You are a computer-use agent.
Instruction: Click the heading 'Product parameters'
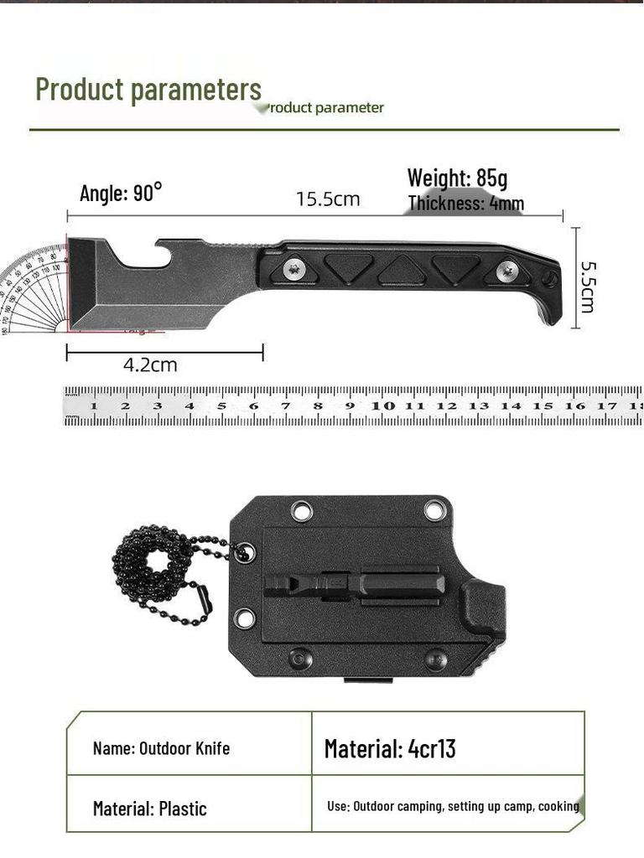pyautogui.click(x=148, y=89)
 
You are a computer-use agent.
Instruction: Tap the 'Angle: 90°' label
pyautogui.click(x=120, y=194)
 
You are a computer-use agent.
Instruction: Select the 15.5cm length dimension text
pyautogui.click(x=328, y=199)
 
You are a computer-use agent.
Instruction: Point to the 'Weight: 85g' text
pyautogui.click(x=457, y=178)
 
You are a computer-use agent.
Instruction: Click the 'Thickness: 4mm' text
pyautogui.click(x=466, y=204)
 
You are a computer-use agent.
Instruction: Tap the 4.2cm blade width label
pyautogui.click(x=150, y=365)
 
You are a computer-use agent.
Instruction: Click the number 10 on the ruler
pyautogui.click(x=383, y=406)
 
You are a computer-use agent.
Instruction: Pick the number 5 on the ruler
pyautogui.click(x=221, y=406)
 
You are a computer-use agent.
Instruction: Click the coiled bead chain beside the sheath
pyautogui.click(x=159, y=578)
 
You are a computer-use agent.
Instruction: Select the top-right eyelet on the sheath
pyautogui.click(x=434, y=509)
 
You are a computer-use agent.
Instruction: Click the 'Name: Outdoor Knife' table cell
pyautogui.click(x=161, y=748)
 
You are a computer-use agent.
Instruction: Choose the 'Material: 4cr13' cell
pyautogui.click(x=390, y=748)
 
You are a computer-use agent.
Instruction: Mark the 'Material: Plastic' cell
pyautogui.click(x=149, y=809)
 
